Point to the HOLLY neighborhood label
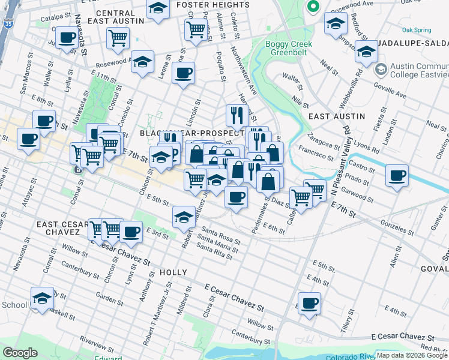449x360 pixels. coord(174,272)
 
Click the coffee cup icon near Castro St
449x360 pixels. coord(397,176)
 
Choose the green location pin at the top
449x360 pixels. coord(312,7)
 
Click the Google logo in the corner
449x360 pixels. coord(20,353)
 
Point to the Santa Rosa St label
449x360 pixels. coord(221,235)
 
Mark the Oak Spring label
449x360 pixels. coord(417,29)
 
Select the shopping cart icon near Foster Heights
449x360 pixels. coord(196,29)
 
